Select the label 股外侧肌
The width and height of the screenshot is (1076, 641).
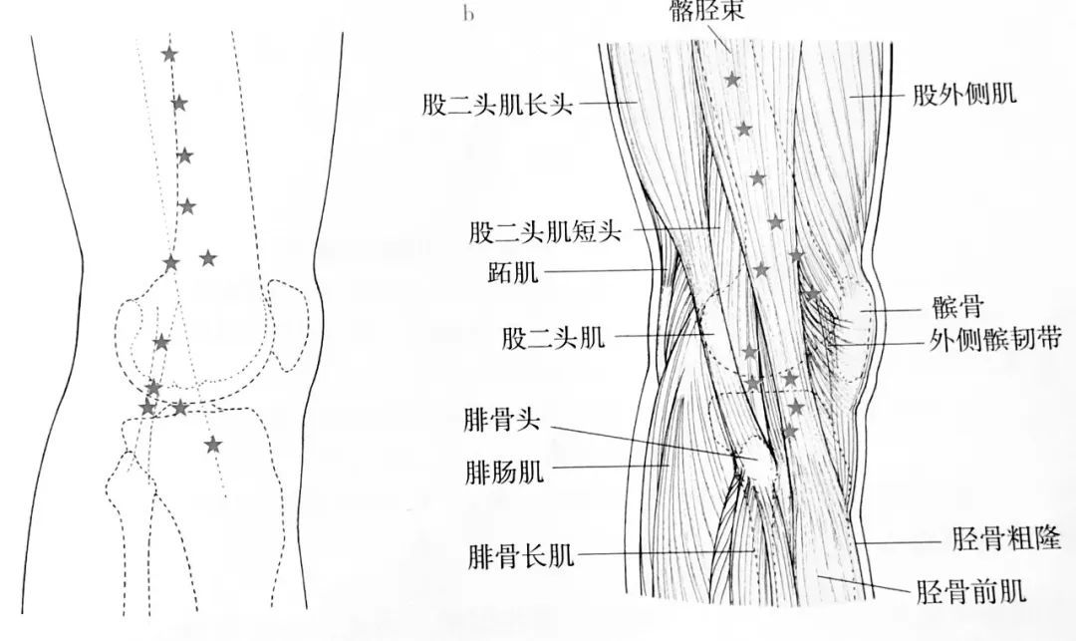pyautogui.click(x=963, y=96)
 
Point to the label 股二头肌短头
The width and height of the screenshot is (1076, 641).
pyautogui.click(x=545, y=232)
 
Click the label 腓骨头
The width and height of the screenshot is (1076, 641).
pyautogui.click(x=501, y=420)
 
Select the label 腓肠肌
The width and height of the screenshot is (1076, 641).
pyautogui.click(x=504, y=471)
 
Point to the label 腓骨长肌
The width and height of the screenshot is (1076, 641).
pyautogui.click(x=520, y=554)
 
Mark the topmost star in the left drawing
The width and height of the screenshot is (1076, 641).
pyautogui.click(x=169, y=54)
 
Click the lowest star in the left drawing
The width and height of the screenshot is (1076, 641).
pyautogui.click(x=212, y=444)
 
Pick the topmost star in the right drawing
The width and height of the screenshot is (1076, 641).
pyautogui.click(x=733, y=79)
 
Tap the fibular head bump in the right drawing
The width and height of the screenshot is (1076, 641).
pyautogui.click(x=754, y=461)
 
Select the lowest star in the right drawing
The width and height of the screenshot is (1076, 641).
pyautogui.click(x=789, y=431)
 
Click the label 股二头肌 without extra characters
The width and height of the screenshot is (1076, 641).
pyautogui.click(x=553, y=338)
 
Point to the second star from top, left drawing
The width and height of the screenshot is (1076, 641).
pyautogui.click(x=179, y=103)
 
